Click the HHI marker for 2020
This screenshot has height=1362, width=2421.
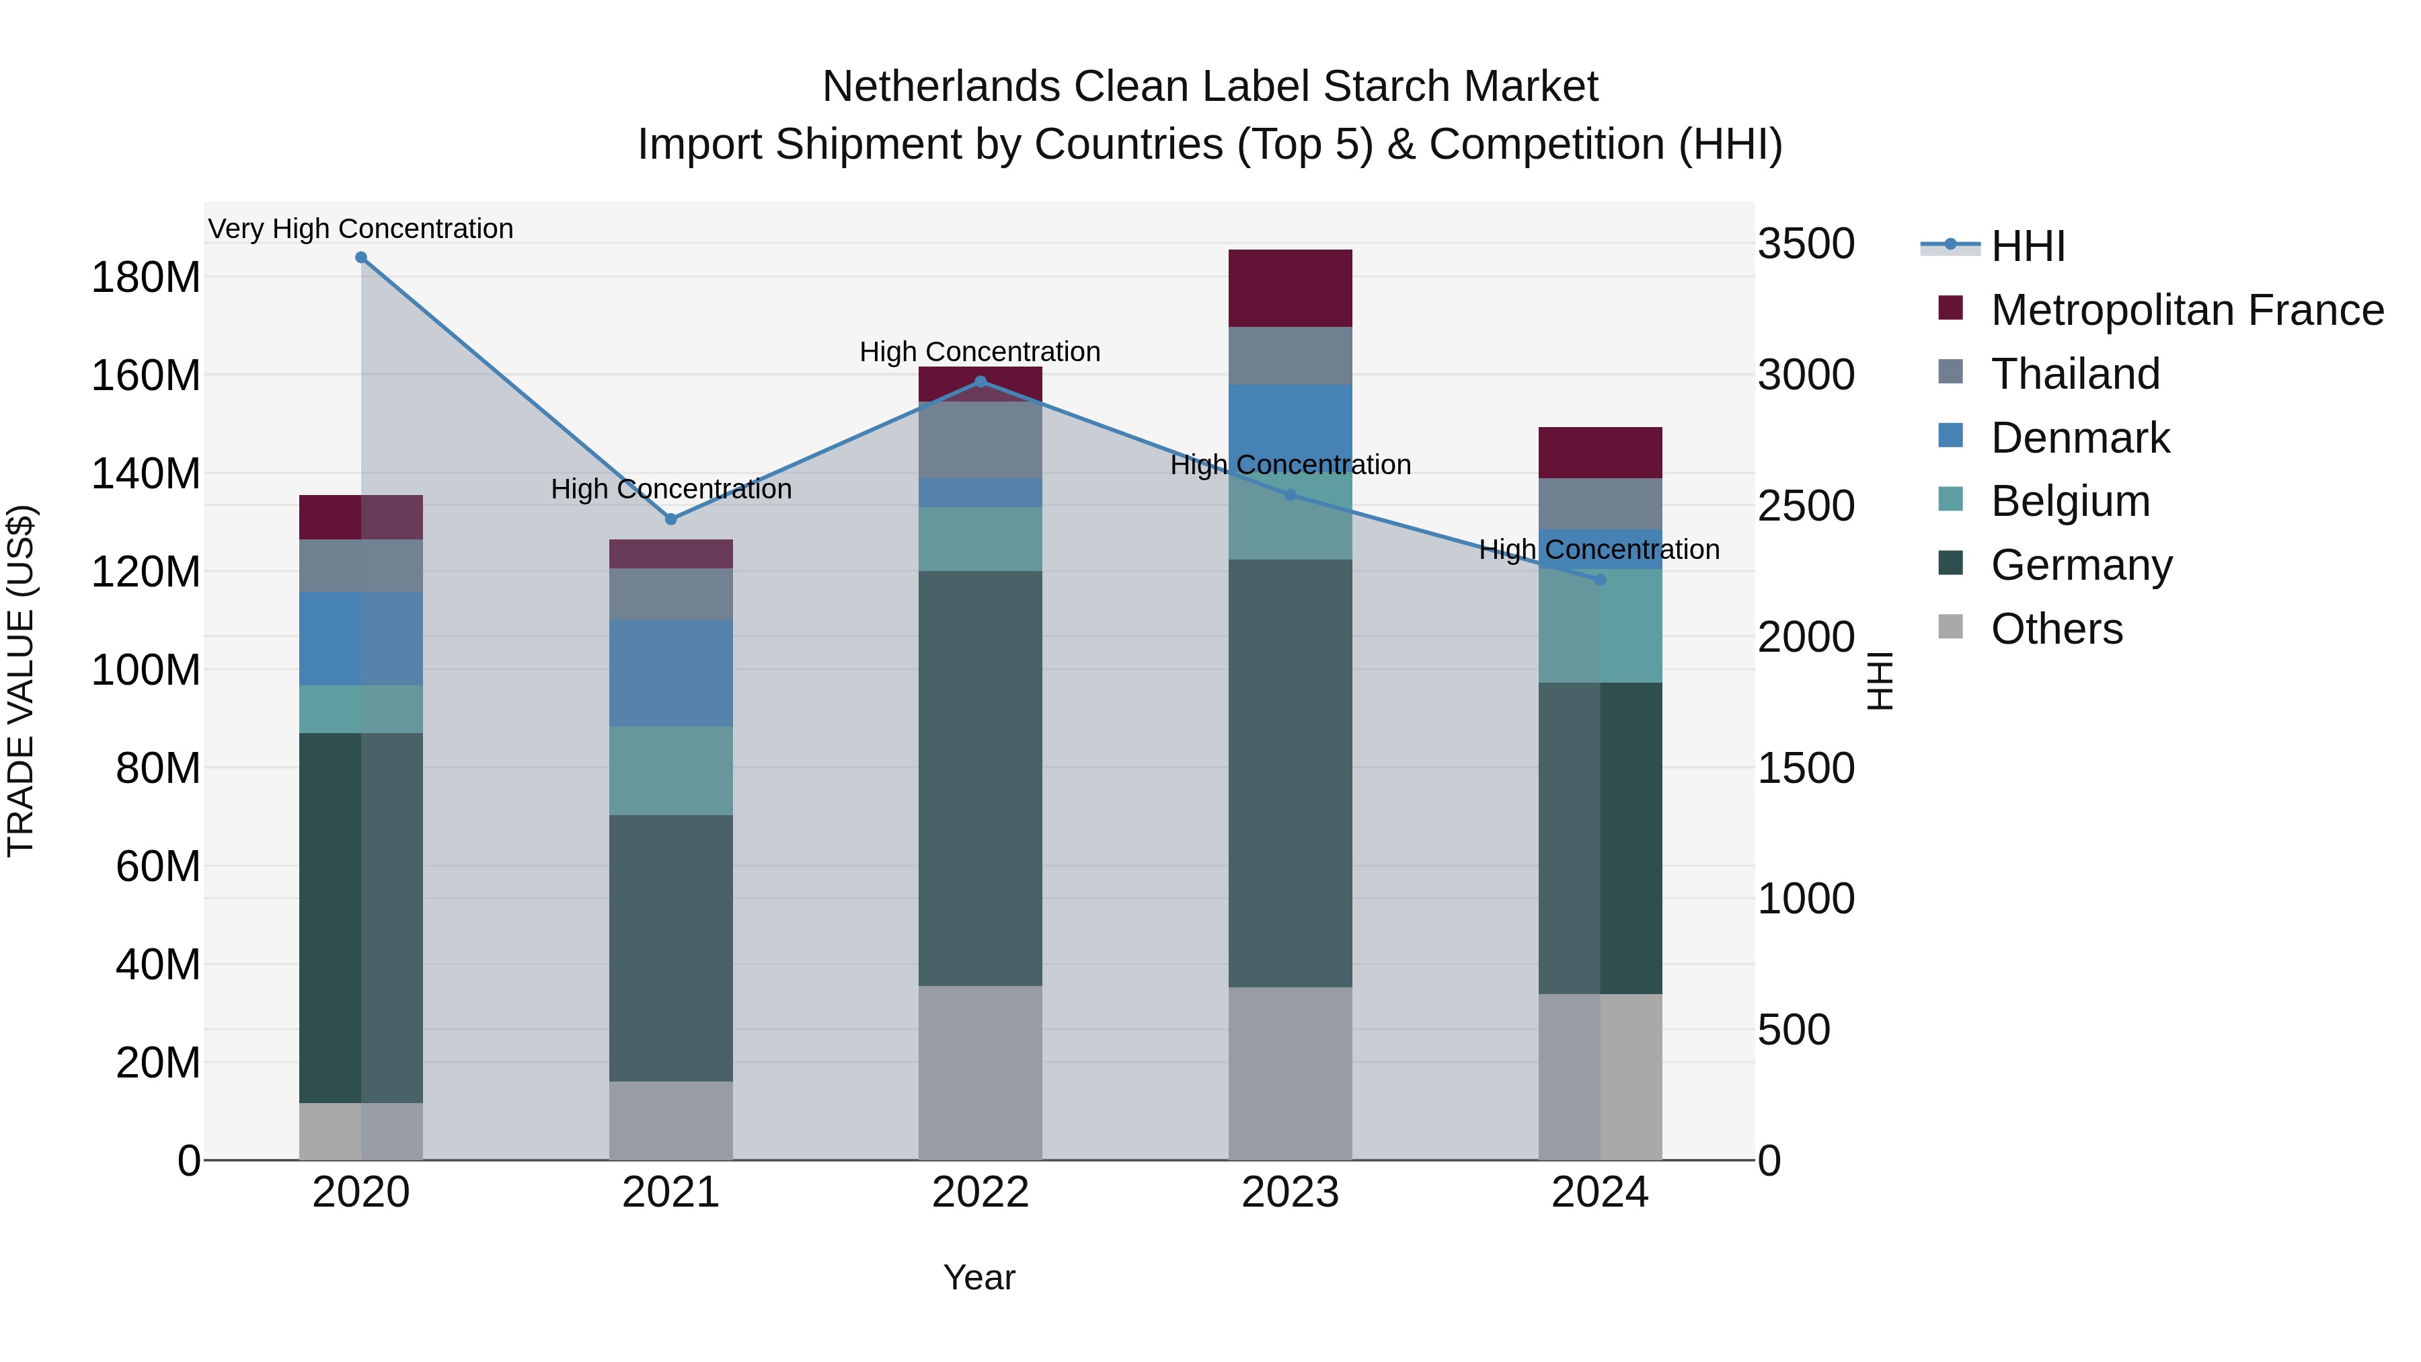(361, 258)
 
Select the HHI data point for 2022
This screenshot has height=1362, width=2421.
(981, 381)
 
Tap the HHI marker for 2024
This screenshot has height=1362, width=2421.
(1600, 580)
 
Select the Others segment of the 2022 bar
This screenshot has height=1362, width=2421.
(981, 1073)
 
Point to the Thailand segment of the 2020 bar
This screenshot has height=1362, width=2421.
(361, 565)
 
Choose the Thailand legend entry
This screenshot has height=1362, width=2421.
(2075, 374)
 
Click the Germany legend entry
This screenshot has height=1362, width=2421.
(2081, 565)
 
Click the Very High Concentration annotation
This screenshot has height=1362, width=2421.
(361, 229)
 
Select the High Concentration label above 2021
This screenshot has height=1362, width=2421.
(671, 489)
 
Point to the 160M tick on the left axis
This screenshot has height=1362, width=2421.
(146, 376)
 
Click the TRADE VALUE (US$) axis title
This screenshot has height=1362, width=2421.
(21, 681)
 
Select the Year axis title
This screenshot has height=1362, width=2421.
(979, 1277)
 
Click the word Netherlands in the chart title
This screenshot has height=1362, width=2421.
(941, 87)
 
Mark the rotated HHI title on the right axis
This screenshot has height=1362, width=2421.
(1879, 681)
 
